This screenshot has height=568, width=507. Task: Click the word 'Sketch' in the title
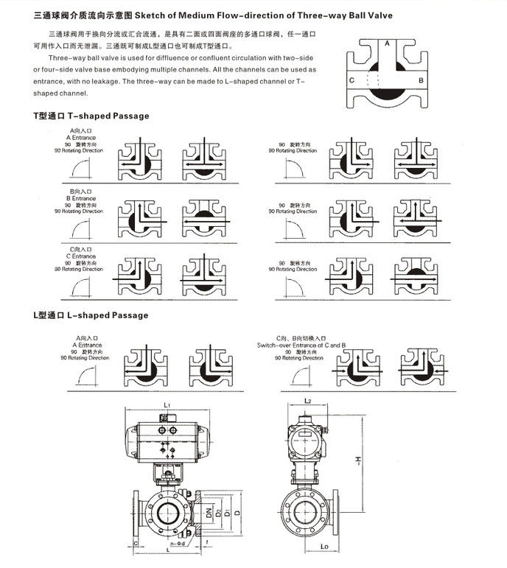pos(151,15)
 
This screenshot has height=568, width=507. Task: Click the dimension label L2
pos(308,401)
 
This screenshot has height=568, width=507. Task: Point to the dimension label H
pos(356,462)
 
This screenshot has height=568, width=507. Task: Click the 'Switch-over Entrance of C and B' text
pos(290,345)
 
